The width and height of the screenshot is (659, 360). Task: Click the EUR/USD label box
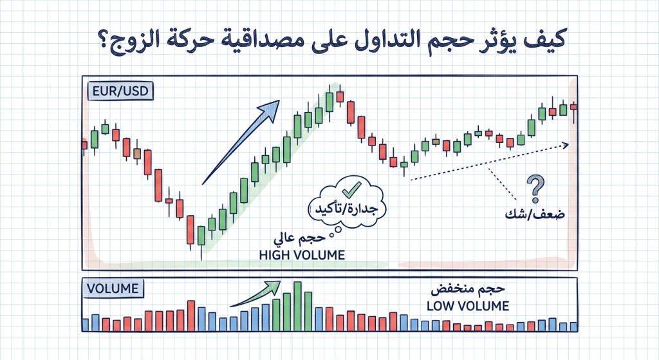point(118,91)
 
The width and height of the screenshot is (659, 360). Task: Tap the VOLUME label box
point(113,288)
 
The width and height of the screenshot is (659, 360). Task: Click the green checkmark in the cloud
point(351,189)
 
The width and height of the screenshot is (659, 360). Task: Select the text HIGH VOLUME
point(302,255)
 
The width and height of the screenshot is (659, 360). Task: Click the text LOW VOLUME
point(468,305)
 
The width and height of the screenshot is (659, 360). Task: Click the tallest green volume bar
point(297,306)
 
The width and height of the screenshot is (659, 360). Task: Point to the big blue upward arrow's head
point(275,105)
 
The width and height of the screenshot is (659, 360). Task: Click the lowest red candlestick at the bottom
point(190,230)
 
